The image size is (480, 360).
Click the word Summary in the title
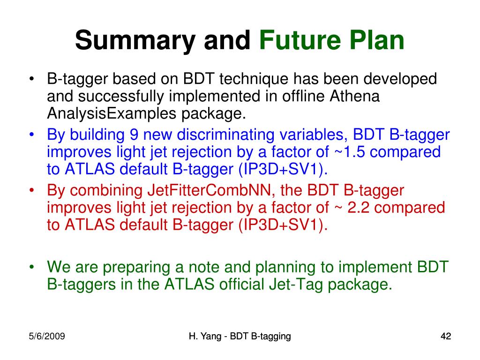[135, 41]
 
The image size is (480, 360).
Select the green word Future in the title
[300, 40]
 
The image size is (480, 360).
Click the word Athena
[354, 96]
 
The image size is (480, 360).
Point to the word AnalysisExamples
[112, 114]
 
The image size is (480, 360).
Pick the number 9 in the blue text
[134, 135]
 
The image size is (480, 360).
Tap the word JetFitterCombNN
[210, 190]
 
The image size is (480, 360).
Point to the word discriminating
[225, 135]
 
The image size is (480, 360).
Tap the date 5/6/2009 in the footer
[47, 337]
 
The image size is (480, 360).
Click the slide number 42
[446, 337]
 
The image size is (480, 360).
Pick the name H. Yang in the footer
[205, 337]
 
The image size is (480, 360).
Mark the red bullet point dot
[31, 190]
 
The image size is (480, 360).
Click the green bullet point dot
[31, 267]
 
